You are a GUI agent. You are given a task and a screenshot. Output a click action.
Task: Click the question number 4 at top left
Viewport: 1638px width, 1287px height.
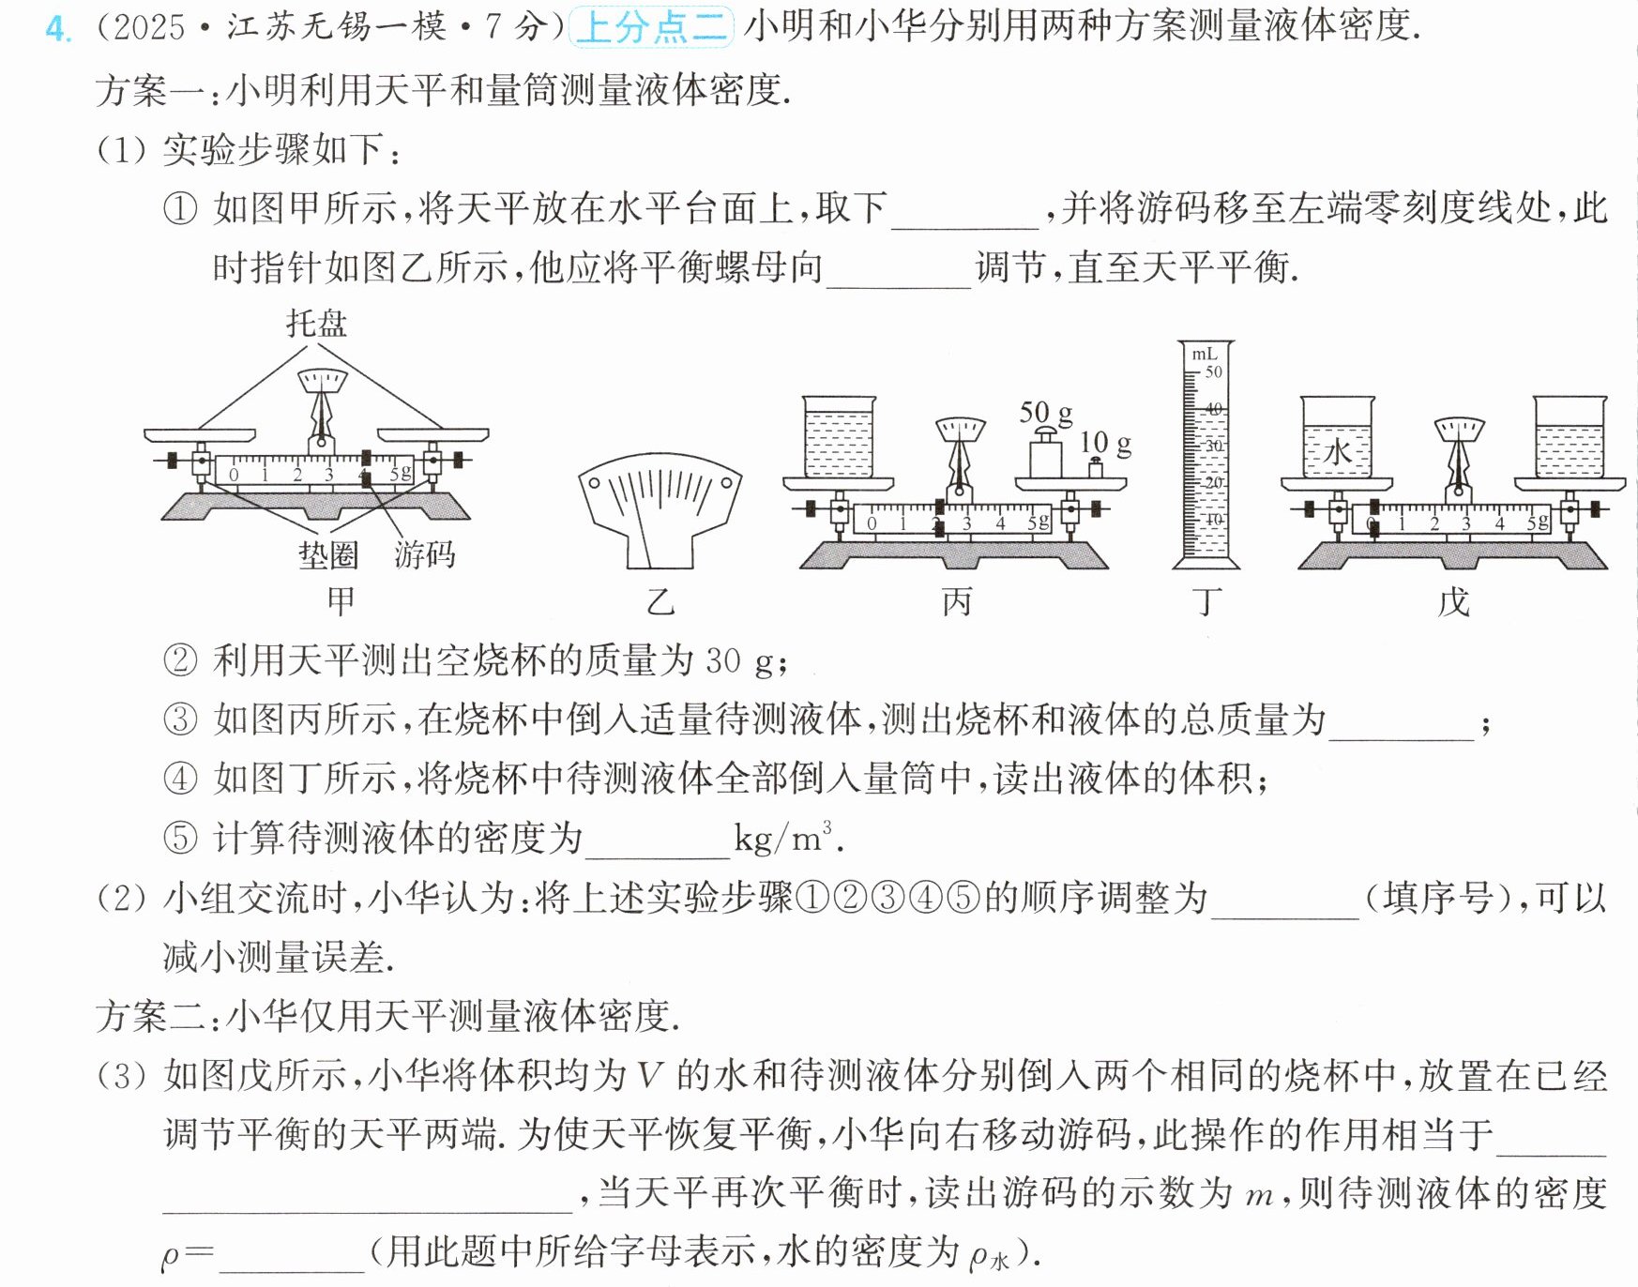click(57, 28)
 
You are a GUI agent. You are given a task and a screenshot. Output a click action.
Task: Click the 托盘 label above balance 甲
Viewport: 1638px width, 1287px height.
click(316, 324)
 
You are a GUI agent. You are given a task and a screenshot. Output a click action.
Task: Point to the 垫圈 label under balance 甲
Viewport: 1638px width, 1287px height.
click(328, 555)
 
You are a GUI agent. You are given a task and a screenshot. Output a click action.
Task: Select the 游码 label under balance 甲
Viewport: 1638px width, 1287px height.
click(424, 555)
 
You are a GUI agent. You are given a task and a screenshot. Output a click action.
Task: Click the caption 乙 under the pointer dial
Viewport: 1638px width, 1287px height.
click(660, 601)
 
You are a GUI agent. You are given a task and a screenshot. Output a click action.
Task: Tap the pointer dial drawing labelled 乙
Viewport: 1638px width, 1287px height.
click(660, 510)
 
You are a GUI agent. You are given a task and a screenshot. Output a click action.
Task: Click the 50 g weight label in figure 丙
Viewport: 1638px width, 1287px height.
click(1046, 413)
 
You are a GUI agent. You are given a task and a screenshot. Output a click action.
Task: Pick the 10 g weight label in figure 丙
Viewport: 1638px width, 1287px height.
click(1106, 443)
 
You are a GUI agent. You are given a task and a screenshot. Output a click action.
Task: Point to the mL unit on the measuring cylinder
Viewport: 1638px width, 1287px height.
click(1204, 354)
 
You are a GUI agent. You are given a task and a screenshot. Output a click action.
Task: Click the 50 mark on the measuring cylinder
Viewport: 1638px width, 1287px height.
click(1213, 371)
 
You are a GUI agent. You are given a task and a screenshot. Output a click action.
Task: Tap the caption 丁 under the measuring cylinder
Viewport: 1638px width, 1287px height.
click(1207, 601)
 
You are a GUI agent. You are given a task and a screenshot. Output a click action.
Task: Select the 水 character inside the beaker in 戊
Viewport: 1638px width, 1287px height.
click(1337, 452)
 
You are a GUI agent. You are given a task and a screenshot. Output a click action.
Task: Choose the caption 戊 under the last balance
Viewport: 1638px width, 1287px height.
click(1453, 601)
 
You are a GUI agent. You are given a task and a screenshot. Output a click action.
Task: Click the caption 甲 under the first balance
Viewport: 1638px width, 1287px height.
click(341, 601)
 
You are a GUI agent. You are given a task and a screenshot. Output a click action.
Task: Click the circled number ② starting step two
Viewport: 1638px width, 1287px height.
click(180, 660)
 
